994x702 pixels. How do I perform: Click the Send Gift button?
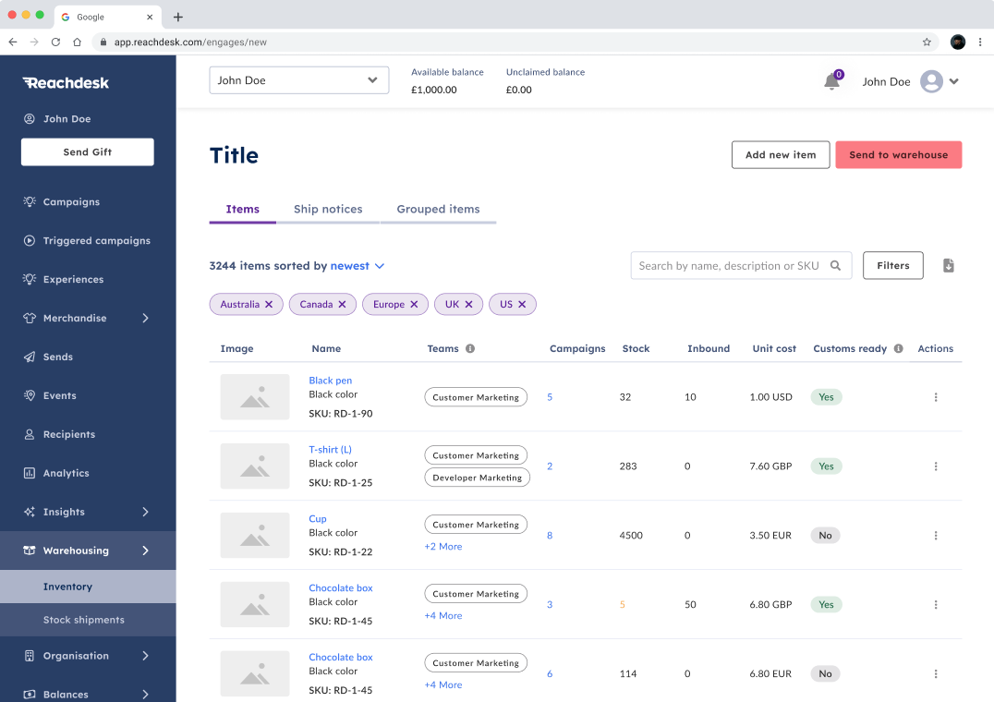point(88,152)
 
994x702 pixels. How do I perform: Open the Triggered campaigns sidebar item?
point(96,241)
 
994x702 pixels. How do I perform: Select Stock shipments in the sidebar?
point(83,620)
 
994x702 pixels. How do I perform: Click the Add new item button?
point(781,155)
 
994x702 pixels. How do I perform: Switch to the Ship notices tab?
point(328,210)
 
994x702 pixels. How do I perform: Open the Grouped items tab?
point(438,210)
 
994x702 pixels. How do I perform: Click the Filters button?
point(892,266)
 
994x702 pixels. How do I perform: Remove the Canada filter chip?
point(342,305)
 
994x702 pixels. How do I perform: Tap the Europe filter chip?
point(389,305)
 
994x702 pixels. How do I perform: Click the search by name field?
point(730,266)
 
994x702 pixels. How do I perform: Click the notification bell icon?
point(831,82)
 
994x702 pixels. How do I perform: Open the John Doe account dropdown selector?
point(298,80)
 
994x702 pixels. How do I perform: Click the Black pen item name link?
point(330,381)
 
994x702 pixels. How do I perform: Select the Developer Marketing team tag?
point(477,478)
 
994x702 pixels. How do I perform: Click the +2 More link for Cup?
point(443,547)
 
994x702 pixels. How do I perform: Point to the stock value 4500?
point(631,536)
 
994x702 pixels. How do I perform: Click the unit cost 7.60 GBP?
point(770,466)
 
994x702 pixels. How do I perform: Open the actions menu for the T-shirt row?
point(936,466)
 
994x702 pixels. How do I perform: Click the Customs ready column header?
point(850,349)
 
